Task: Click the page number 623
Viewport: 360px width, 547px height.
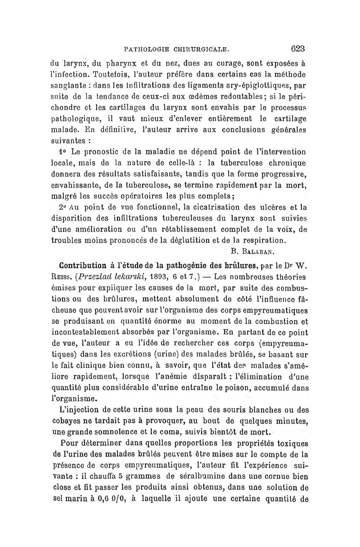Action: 297,48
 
